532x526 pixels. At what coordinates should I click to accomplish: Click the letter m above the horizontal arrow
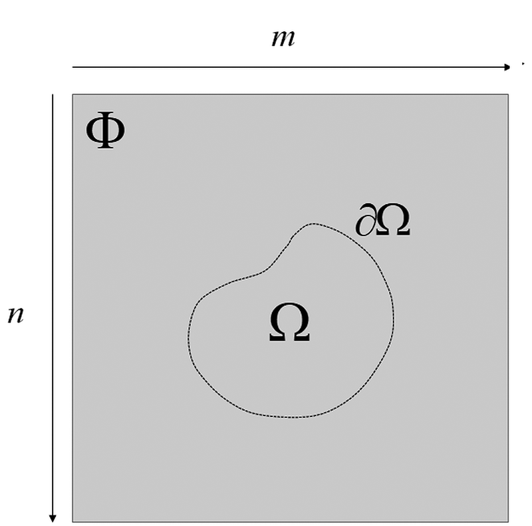click(x=283, y=39)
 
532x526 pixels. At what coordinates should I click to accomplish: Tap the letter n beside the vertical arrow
click(x=16, y=314)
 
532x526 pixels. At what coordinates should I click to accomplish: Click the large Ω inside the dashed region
click(x=289, y=325)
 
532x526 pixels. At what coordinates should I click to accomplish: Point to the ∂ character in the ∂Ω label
click(x=364, y=222)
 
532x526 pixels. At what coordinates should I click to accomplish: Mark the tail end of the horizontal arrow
click(x=73, y=67)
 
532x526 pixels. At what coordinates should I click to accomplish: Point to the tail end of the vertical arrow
click(x=53, y=95)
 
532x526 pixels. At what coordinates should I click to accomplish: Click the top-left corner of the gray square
click(x=72, y=94)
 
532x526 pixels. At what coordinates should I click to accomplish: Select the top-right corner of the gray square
click(x=509, y=94)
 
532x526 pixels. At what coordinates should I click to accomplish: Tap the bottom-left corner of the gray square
click(x=72, y=521)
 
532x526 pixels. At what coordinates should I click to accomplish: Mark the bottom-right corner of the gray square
click(x=509, y=521)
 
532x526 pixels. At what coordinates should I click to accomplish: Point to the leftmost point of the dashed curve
click(x=188, y=339)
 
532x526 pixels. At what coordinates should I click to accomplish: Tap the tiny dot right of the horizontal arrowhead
click(x=524, y=64)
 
